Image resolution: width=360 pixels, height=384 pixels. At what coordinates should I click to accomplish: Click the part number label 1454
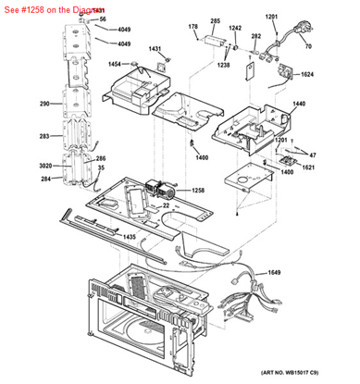coord(116,65)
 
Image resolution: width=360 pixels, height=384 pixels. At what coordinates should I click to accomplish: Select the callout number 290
coord(44,105)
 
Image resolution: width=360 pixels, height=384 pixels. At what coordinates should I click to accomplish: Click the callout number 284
coord(44,178)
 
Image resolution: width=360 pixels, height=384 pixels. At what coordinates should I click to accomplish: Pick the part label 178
coord(193,28)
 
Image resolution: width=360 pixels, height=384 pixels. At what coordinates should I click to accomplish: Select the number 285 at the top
coord(216,20)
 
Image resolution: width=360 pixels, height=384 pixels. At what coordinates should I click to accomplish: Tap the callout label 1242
coord(235,29)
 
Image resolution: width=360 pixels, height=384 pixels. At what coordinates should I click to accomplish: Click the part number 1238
coord(224,66)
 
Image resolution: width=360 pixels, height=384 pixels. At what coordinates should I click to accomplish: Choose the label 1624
coord(307,74)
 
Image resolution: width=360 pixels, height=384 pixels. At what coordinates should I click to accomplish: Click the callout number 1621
coord(308,168)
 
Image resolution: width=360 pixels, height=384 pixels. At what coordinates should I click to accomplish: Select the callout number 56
coord(103,19)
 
